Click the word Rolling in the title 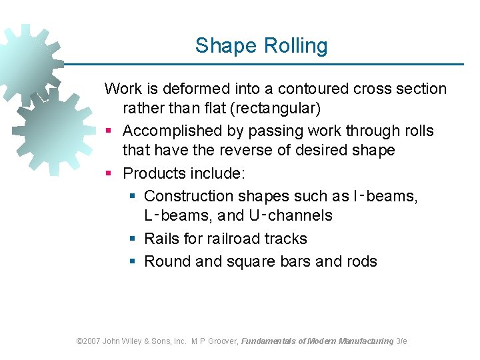(x=295, y=47)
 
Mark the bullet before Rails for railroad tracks (x=132, y=239)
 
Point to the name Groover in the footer (x=223, y=341)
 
